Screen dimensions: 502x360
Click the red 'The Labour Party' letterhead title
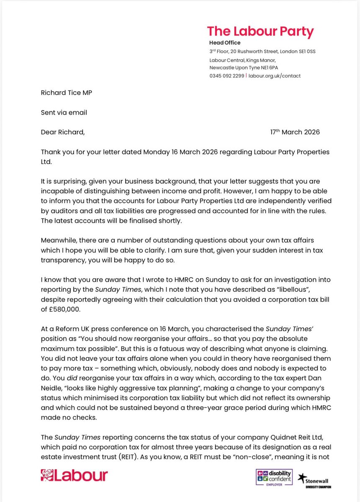[260, 32]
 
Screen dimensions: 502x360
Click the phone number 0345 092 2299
[227, 76]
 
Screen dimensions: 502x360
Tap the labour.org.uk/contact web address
[275, 76]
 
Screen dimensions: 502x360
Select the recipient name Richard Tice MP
[66, 93]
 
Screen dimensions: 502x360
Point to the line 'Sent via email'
[64, 112]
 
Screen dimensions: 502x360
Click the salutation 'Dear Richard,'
[63, 132]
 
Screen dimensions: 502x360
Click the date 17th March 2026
[295, 132]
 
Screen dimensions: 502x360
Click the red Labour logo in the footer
[74, 475]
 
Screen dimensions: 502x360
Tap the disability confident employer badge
[274, 478]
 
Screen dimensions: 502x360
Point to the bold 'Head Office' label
[225, 43]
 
